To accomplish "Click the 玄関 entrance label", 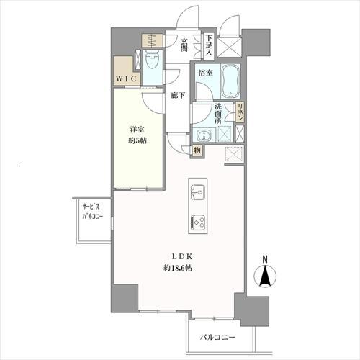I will click(x=184, y=45).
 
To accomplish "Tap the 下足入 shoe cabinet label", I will click(x=209, y=45).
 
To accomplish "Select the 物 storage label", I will click(x=197, y=150).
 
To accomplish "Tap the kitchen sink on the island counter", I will click(x=197, y=191).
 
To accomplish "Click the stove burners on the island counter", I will click(x=197, y=222).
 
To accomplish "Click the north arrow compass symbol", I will click(x=266, y=277).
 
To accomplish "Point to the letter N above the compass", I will click(x=266, y=259).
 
